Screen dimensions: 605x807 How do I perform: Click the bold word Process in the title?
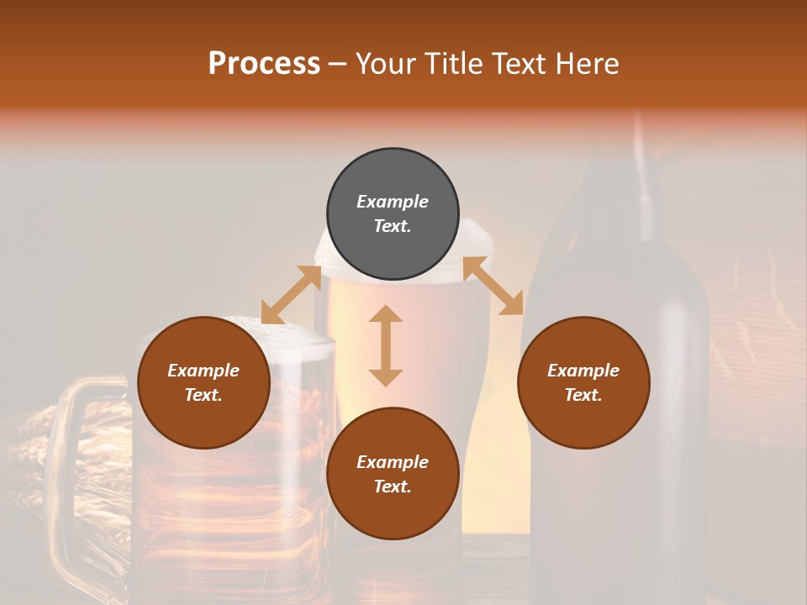pos(264,64)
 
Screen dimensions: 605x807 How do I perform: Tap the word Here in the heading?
pos(588,64)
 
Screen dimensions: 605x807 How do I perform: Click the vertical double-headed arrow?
pos(386,345)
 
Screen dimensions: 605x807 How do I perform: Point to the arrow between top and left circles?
pos(291,295)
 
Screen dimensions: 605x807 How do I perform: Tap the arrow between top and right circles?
pos(493,287)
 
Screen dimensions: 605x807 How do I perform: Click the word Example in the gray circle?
pos(393,202)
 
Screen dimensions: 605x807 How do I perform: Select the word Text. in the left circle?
pos(203,395)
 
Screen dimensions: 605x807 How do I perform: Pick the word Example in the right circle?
pos(583,371)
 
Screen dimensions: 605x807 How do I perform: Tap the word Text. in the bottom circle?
pos(393,487)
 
